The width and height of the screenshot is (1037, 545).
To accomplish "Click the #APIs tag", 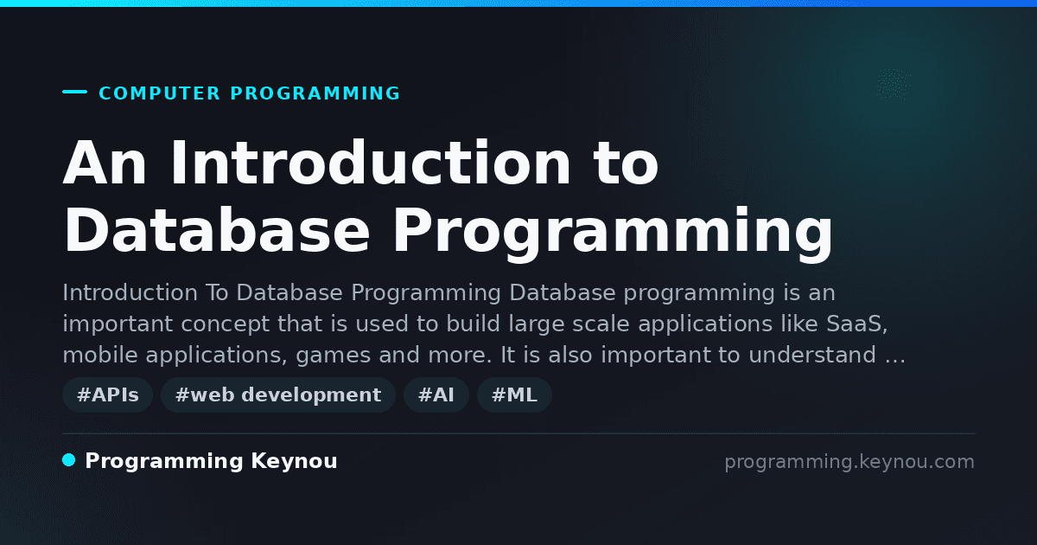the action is pos(107,394).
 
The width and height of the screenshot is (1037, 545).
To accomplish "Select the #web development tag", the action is pos(278,394).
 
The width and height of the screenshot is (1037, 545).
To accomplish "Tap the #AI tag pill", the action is pos(436,394).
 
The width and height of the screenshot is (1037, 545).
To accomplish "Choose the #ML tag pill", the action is pos(514,394).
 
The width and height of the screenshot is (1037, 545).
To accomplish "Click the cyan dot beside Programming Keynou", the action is pos(69,460).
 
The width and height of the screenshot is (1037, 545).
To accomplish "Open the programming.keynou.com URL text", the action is pos(849,462).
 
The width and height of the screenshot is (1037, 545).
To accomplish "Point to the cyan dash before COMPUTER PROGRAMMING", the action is pos(74,92).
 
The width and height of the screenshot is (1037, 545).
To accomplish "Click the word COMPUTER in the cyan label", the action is pos(159,93).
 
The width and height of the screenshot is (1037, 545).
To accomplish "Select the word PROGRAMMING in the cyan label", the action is pos(315,93).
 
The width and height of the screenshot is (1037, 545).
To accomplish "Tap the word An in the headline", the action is pos(105,163).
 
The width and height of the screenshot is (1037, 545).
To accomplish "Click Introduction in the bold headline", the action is pos(371,163).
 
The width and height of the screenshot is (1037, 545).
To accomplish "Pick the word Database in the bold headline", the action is pos(217,230).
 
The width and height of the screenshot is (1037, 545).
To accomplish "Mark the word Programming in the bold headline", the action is pos(613,234).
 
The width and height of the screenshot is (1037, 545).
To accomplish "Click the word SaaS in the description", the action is pos(857,324).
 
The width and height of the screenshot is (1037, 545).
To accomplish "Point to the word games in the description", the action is pos(334,356).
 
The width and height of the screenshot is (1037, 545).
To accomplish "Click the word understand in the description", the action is pos(812,355).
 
